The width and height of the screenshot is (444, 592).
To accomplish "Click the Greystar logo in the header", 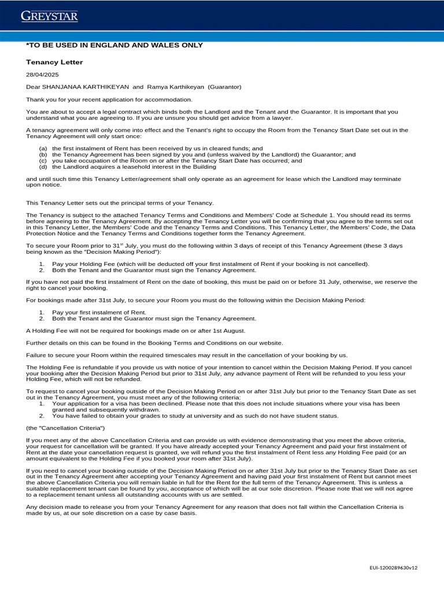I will coord(49,16).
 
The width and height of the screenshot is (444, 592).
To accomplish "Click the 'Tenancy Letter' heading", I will coord(54,62).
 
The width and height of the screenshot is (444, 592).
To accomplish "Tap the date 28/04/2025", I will coord(42,75).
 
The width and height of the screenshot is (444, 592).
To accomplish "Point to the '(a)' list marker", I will coord(43,149).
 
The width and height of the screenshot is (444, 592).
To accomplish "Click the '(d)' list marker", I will coord(43,166).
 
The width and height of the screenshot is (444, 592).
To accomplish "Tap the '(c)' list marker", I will coord(43,161).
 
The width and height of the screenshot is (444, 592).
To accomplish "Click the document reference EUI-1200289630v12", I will coord(393,567).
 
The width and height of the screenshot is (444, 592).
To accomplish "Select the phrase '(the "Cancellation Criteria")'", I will coord(65,427).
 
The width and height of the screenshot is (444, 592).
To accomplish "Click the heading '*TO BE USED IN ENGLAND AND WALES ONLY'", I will coord(114,45).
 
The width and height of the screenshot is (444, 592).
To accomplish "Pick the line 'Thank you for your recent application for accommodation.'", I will coord(109,99).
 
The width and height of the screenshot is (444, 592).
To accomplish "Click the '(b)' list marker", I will coord(43,154).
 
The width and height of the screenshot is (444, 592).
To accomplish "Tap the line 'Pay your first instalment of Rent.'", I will coord(99,312).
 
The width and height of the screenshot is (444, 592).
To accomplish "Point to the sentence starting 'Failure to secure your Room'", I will coord(187,355).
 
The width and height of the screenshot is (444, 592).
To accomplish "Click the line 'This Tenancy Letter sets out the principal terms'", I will coord(120,202).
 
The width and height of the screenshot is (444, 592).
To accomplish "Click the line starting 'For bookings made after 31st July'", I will coord(196,300).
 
